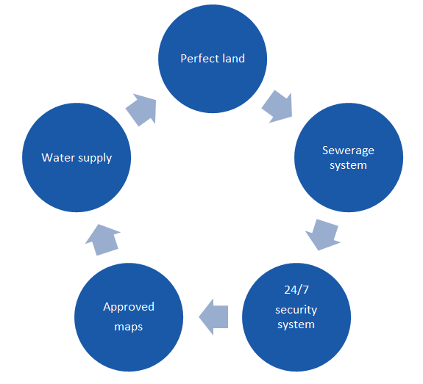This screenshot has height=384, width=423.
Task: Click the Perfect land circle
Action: pyautogui.click(x=213, y=59)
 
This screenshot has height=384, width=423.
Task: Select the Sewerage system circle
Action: pyautogui.click(x=349, y=158)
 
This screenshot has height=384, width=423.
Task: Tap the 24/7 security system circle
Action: pyautogui.click(x=296, y=317)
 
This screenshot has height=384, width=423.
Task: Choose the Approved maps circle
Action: pyautogui.click(x=129, y=317)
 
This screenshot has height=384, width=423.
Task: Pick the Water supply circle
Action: pyautogui.click(x=77, y=158)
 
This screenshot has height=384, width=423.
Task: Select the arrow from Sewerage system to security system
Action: pyautogui.click(x=323, y=234)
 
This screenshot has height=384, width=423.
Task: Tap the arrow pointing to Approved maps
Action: pyautogui.click(x=213, y=317)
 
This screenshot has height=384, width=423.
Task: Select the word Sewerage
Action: pyautogui.click(x=348, y=151)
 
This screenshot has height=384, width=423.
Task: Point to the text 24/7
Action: pyautogui.click(x=296, y=290)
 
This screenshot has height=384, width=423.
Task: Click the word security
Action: pyautogui.click(x=296, y=311)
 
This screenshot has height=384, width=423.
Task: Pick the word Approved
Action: pyautogui.click(x=129, y=307)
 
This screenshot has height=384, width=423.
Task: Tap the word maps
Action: pyautogui.click(x=129, y=327)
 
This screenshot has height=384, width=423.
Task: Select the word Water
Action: pyautogui.click(x=58, y=158)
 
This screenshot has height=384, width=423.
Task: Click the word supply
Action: pyautogui.click(x=95, y=159)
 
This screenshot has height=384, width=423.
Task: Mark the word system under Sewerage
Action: pyautogui.click(x=348, y=165)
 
